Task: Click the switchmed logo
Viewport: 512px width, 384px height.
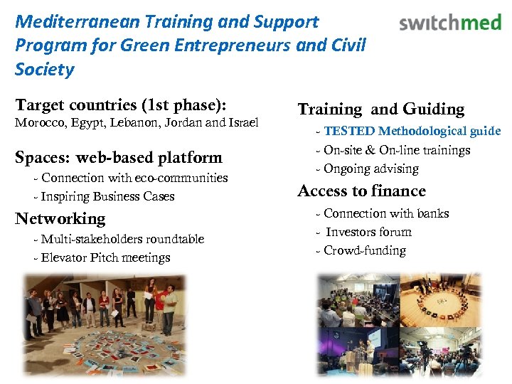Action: [450, 23]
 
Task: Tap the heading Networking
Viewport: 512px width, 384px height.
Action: [60, 218]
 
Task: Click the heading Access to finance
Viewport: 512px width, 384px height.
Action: [361, 191]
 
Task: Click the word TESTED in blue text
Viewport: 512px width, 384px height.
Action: [348, 131]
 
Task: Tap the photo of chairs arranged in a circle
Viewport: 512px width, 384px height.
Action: [440, 298]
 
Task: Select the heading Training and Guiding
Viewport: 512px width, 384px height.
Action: [380, 109]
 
